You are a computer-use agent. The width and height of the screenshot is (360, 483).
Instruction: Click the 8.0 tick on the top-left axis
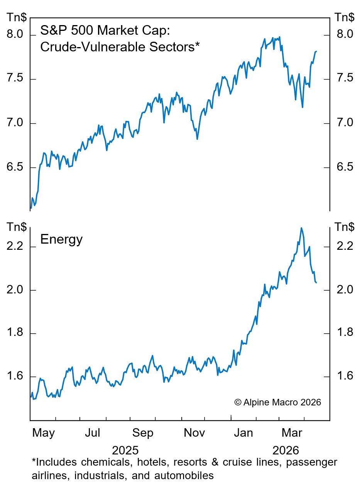[16, 35]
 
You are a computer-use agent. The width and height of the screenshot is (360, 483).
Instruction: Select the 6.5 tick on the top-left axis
[16, 167]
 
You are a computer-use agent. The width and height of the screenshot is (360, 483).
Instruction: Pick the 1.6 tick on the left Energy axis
[16, 376]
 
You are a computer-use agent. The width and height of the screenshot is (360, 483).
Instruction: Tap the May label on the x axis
[44, 433]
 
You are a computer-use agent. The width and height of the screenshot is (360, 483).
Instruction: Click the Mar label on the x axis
[292, 433]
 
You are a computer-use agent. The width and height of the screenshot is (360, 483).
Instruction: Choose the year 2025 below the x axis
[125, 450]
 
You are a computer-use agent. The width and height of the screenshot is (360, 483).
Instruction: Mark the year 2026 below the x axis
[286, 450]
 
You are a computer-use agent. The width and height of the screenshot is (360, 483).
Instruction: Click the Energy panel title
[61, 240]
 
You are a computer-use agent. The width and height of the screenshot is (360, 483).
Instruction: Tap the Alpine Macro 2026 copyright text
[277, 402]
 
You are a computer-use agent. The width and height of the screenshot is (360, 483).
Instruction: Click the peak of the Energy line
[301, 228]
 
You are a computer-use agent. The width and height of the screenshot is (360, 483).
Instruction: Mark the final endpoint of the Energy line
[316, 283]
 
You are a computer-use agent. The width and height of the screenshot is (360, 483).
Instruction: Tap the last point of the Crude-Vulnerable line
[316, 51]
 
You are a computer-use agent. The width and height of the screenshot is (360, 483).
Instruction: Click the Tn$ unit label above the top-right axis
[345, 17]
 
